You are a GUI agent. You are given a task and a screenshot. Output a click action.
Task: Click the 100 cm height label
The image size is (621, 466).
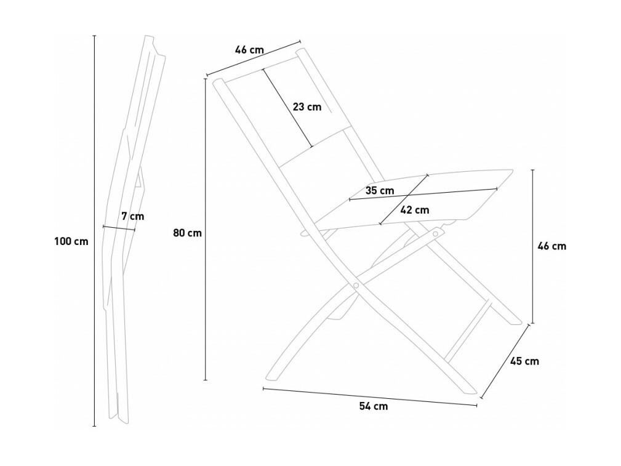click(71, 241)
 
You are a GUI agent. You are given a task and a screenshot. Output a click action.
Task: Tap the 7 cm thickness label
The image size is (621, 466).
click(133, 216)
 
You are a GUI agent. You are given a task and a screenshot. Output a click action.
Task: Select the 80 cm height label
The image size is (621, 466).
click(187, 233)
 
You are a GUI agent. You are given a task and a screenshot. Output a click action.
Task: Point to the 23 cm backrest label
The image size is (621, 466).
click(307, 106)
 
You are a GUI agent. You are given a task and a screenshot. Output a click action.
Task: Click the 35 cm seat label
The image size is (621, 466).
click(380, 191)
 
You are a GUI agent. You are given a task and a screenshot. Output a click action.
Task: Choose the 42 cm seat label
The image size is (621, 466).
click(415, 210)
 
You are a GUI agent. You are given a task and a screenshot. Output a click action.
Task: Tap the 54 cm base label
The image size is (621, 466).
click(374, 406)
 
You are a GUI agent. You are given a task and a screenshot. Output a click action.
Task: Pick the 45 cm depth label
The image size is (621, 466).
click(524, 361)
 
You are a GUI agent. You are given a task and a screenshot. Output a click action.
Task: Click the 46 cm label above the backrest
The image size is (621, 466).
click(249, 50)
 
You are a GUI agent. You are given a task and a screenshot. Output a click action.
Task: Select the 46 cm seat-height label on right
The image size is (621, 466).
click(551, 246)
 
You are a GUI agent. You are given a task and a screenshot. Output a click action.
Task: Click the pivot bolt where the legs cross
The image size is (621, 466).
click(356, 285)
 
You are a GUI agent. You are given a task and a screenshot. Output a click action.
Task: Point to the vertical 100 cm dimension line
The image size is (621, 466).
click(94, 231)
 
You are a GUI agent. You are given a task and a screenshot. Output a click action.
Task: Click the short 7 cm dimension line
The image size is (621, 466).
click(119, 228)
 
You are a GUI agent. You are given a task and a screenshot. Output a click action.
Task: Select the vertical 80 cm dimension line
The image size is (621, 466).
click(206, 230)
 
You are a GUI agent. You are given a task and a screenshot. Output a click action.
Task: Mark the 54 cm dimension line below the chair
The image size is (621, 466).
click(370, 396)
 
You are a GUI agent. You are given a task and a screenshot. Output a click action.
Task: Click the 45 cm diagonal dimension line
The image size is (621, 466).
click(505, 361)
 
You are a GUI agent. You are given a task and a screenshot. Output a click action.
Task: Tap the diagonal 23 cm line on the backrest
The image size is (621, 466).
click(287, 108)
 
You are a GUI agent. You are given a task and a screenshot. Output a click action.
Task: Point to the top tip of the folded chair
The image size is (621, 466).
click(149, 36)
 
